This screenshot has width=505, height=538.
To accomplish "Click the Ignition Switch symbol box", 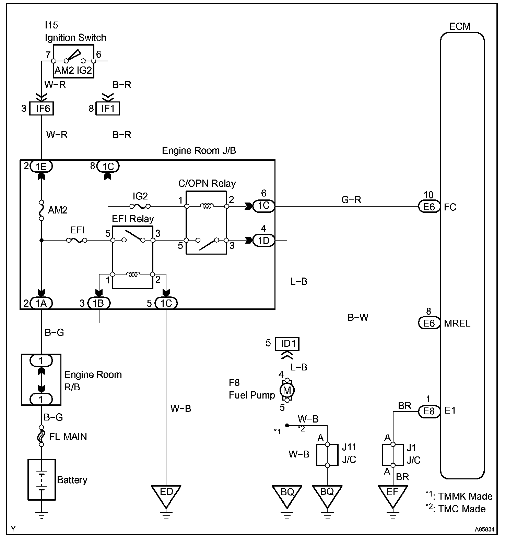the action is [x=73, y=61].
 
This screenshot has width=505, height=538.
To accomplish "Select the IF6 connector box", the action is [x=41, y=108].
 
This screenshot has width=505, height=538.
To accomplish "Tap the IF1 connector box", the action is [x=108, y=108].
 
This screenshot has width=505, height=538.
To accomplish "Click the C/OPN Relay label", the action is [x=207, y=183].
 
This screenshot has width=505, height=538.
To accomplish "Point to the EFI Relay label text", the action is [x=133, y=219].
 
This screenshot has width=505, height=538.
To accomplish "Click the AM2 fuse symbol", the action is [x=41, y=210].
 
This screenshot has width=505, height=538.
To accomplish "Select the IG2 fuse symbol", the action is [x=140, y=206].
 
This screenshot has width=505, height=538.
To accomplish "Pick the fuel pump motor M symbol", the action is [x=287, y=390].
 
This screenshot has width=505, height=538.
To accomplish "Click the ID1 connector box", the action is [x=287, y=344].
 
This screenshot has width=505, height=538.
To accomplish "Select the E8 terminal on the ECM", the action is [x=429, y=411].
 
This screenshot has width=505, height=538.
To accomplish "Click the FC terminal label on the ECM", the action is [x=450, y=207].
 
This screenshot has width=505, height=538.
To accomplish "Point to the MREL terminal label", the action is [x=457, y=323].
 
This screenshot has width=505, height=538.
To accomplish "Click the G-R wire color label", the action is [x=351, y=199].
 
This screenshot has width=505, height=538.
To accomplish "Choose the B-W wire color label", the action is [x=358, y=317].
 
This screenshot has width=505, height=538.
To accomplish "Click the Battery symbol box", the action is [x=41, y=479].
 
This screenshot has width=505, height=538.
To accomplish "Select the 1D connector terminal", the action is [x=264, y=241].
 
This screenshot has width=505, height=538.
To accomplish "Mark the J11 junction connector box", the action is [x=327, y=455].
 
